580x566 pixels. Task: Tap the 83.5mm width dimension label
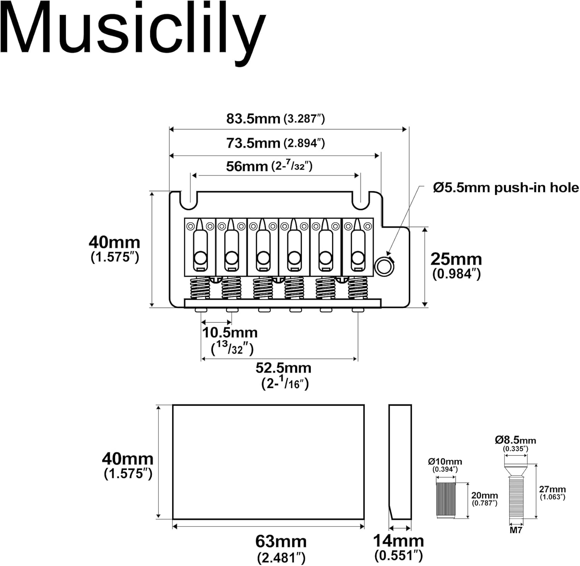pyautogui.click(x=276, y=118)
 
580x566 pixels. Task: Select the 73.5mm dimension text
pyautogui.click(x=276, y=143)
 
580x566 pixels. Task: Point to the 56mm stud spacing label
pyautogui.click(x=269, y=166)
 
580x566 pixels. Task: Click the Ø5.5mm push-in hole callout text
pyautogui.click(x=506, y=188)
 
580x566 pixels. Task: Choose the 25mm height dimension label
pyautogui.click(x=456, y=266)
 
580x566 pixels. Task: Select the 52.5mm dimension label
pyautogui.click(x=283, y=375)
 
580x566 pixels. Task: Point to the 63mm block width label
pyautogui.click(x=281, y=549)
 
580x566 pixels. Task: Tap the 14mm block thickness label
pyautogui.click(x=399, y=547)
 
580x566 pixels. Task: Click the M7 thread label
pyautogui.click(x=516, y=530)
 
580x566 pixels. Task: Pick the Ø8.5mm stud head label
pyautogui.click(x=515, y=444)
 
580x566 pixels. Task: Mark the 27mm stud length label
pyautogui.click(x=553, y=493)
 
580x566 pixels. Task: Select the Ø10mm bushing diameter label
pyautogui.click(x=445, y=465)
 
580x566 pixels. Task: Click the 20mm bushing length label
pyautogui.click(x=484, y=499)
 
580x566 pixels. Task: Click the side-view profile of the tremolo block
pyautogui.click(x=400, y=462)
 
